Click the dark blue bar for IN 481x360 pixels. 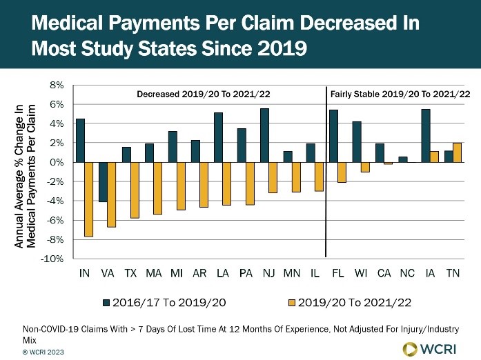coord(80,140)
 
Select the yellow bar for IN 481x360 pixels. coord(88,199)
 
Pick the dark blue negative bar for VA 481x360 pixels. coord(103,182)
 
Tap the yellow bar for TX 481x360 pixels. coord(135,190)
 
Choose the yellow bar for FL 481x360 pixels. coord(342,172)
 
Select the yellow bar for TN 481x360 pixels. coord(457,152)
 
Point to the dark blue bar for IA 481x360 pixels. coord(426,135)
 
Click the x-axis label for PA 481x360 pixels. coord(245,274)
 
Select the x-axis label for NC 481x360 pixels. coord(407,274)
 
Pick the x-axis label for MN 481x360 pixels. coord(291,274)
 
